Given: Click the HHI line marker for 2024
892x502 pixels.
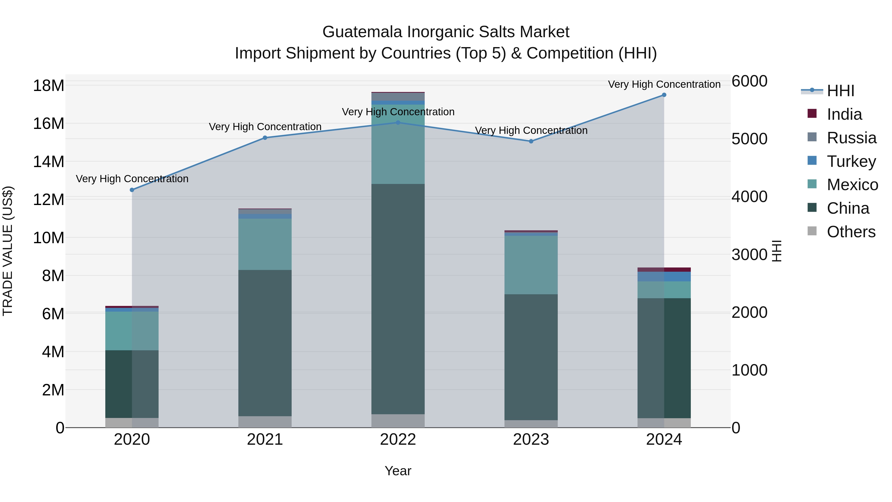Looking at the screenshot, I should (664, 95).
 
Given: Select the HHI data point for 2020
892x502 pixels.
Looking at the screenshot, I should (132, 190).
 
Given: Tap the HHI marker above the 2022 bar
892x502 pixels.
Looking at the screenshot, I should (398, 123).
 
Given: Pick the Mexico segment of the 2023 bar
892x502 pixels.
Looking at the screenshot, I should (531, 265).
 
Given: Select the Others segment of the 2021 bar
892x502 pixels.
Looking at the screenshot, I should (265, 422).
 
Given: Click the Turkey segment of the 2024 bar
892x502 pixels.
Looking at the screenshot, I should (664, 276).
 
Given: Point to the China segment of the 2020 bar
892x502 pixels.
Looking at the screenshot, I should (132, 384).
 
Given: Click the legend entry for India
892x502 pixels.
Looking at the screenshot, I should (844, 114).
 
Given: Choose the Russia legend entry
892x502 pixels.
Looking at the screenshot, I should (851, 138).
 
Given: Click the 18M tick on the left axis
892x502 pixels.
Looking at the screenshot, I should (49, 86).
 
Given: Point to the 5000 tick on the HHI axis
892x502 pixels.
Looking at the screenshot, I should (749, 139).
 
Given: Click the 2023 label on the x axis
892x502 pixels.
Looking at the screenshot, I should (531, 440).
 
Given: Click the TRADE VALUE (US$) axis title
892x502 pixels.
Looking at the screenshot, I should (8, 251).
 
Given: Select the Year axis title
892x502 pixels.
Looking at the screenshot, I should (398, 471).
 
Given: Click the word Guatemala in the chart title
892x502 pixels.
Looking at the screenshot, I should (362, 32).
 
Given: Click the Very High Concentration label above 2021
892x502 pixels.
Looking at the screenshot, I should (265, 127).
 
